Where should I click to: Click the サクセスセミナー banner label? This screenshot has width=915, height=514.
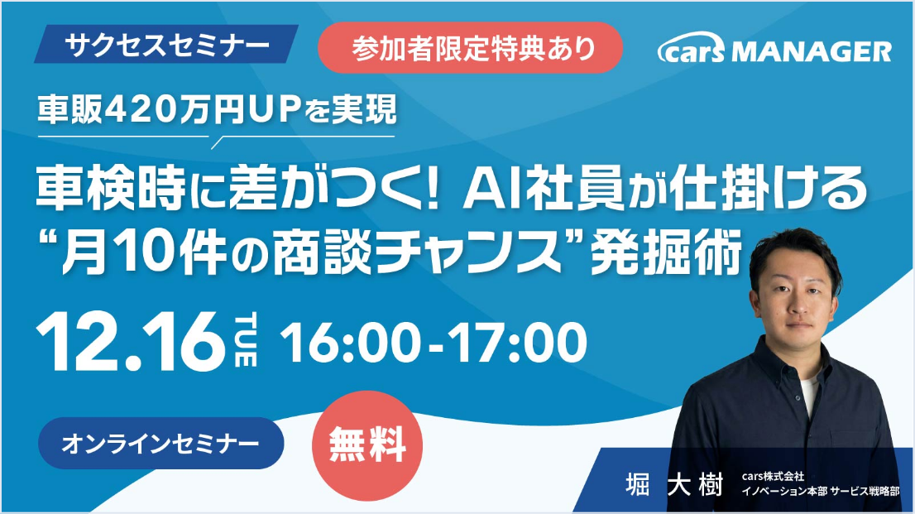point(166,44)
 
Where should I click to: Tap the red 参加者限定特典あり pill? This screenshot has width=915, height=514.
point(471,48)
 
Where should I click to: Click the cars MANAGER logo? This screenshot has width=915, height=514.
point(774,49)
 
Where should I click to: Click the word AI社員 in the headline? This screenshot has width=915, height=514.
point(542,189)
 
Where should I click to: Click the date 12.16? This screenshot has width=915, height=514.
point(131,342)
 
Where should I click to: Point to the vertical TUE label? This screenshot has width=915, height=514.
point(246,340)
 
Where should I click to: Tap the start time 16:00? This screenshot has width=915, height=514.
point(349,343)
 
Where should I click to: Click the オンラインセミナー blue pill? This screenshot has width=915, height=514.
point(161,444)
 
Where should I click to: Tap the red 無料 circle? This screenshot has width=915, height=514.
point(367,445)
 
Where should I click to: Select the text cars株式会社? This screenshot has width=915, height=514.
point(773,477)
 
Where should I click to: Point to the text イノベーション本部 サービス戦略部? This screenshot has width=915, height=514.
point(821,491)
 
